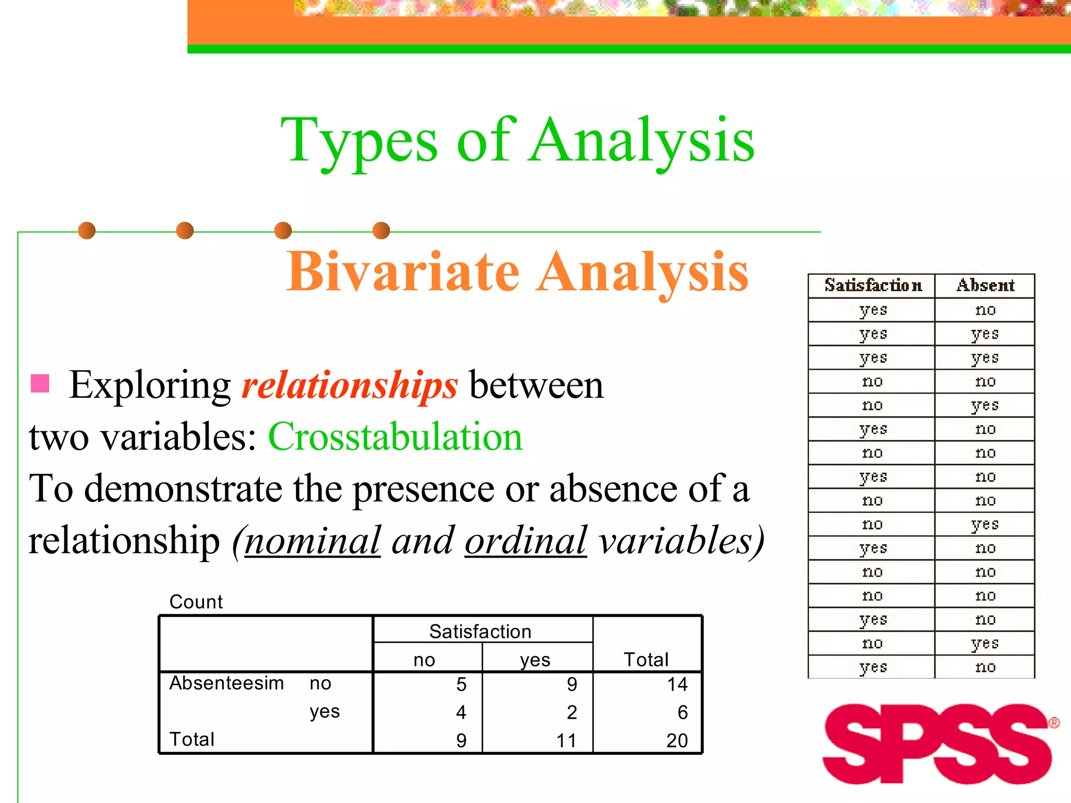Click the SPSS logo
[939, 743]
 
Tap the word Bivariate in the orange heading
[403, 272]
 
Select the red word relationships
[349, 385]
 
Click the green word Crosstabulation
[395, 437]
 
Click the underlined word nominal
[312, 541]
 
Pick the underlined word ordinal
[526, 541]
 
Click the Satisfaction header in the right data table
[873, 285]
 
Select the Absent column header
[985, 285]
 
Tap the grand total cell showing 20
[677, 740]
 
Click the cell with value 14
[677, 684]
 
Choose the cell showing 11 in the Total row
[566, 740]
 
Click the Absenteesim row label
[226, 683]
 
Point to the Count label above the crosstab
[196, 602]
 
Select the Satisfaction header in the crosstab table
[480, 632]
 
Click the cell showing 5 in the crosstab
[461, 684]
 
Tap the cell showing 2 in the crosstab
[572, 712]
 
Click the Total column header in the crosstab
[646, 660]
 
